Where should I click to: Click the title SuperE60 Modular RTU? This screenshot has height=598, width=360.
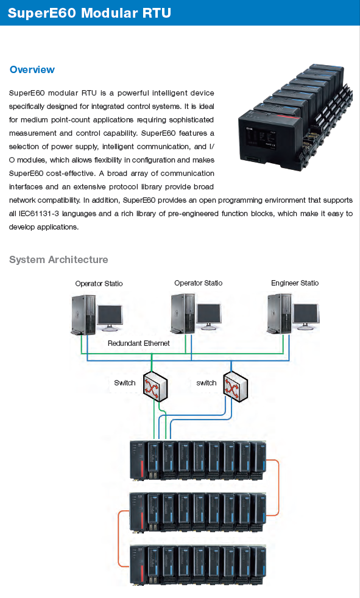(x=89, y=13)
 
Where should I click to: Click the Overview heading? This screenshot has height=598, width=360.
(x=32, y=70)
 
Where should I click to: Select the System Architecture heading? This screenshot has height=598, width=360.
(x=58, y=259)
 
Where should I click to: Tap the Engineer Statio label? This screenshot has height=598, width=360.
(x=295, y=283)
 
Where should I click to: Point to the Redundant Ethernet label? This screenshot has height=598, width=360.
(x=138, y=343)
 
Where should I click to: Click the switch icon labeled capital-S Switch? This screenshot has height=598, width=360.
(x=155, y=386)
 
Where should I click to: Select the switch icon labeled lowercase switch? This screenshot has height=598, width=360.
(x=235, y=386)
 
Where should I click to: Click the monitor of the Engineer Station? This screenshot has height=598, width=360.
(x=305, y=317)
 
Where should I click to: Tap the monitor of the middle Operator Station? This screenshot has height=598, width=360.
(x=208, y=317)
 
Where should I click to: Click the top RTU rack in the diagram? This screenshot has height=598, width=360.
(x=198, y=460)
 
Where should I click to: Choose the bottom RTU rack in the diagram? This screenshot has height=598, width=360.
(x=198, y=566)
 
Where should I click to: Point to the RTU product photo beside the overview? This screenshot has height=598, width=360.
(x=295, y=118)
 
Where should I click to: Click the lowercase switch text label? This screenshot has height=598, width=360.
(x=206, y=383)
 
